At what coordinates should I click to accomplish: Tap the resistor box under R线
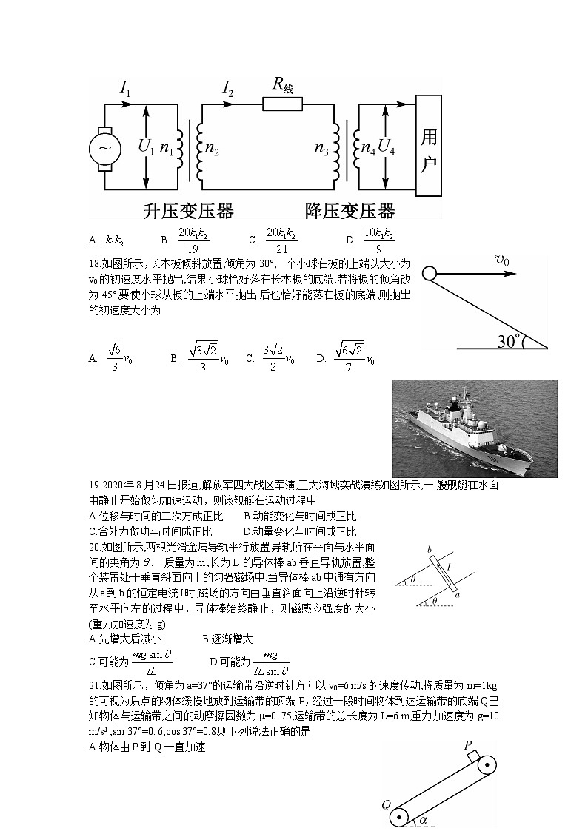pyautogui.click(x=282, y=104)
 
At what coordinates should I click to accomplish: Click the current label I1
pyautogui.click(x=125, y=90)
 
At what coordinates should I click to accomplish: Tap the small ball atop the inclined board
pyautogui.click(x=429, y=273)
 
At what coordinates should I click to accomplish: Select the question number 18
pyautogui.click(x=94, y=262)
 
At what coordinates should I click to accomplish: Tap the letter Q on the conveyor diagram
pyautogui.click(x=386, y=804)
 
